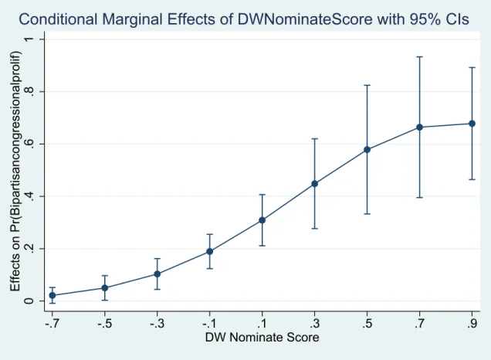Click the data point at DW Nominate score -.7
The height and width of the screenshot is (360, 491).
click(52, 295)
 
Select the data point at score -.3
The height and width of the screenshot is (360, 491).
click(157, 273)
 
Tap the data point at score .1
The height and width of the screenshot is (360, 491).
click(262, 220)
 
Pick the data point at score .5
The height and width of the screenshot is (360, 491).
click(367, 150)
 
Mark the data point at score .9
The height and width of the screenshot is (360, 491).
click(472, 124)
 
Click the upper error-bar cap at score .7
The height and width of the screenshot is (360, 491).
click(420, 56)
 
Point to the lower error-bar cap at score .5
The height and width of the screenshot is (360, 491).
click(367, 214)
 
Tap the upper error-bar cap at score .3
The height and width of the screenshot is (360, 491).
click(315, 138)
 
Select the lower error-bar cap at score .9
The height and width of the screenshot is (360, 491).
click(472, 179)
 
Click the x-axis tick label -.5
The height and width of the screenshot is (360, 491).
click(104, 324)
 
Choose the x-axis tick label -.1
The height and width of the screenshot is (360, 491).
click(209, 324)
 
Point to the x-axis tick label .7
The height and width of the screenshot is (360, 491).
click(420, 324)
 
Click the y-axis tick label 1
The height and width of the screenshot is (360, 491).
click(29, 39)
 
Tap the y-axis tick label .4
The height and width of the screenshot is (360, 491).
click(29, 196)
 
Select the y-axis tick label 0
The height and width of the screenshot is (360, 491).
click(29, 301)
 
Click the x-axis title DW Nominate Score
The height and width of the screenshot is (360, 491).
click(262, 338)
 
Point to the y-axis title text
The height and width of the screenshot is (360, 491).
click(15, 171)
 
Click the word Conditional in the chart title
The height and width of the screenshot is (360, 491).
click(58, 19)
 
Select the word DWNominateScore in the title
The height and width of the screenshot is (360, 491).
click(305, 19)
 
